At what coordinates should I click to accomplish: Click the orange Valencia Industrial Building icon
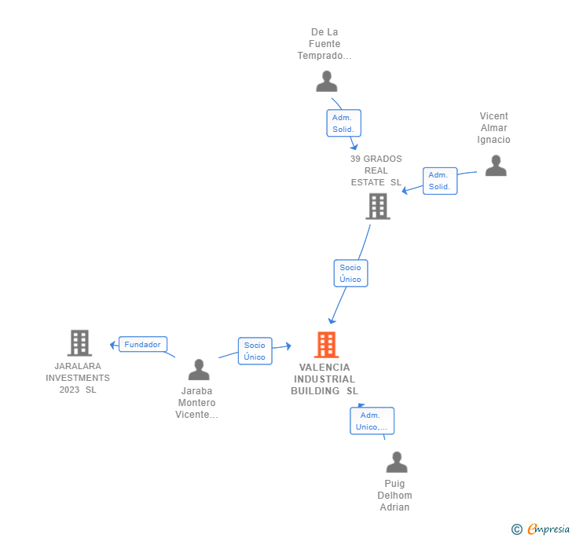[x=326, y=345]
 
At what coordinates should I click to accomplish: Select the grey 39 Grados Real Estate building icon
[x=378, y=207]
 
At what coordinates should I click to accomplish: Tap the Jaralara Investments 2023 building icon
[x=79, y=343]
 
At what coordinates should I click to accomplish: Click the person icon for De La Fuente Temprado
[x=326, y=81]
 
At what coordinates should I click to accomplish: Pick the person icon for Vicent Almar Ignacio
[x=496, y=165]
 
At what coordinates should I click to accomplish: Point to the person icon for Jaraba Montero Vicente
[x=199, y=370]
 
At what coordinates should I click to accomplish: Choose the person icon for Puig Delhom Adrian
[x=397, y=462]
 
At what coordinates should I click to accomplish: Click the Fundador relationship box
[x=142, y=344]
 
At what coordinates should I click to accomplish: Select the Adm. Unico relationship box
[x=372, y=421]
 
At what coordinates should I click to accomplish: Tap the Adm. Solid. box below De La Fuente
[x=343, y=123]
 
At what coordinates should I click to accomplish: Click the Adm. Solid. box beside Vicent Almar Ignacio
[x=439, y=181]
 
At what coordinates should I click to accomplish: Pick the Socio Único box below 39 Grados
[x=350, y=273]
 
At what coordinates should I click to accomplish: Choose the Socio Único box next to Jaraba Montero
[x=255, y=351]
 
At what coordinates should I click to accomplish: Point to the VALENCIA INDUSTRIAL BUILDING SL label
[x=324, y=379]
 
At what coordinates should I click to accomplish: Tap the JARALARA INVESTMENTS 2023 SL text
[x=78, y=378]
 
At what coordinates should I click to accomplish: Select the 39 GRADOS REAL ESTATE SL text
[x=376, y=170]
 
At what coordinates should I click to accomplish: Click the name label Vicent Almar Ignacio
[x=494, y=128]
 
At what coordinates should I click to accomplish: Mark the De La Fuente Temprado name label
[x=324, y=44]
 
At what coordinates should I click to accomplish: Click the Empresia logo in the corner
[x=540, y=529]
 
